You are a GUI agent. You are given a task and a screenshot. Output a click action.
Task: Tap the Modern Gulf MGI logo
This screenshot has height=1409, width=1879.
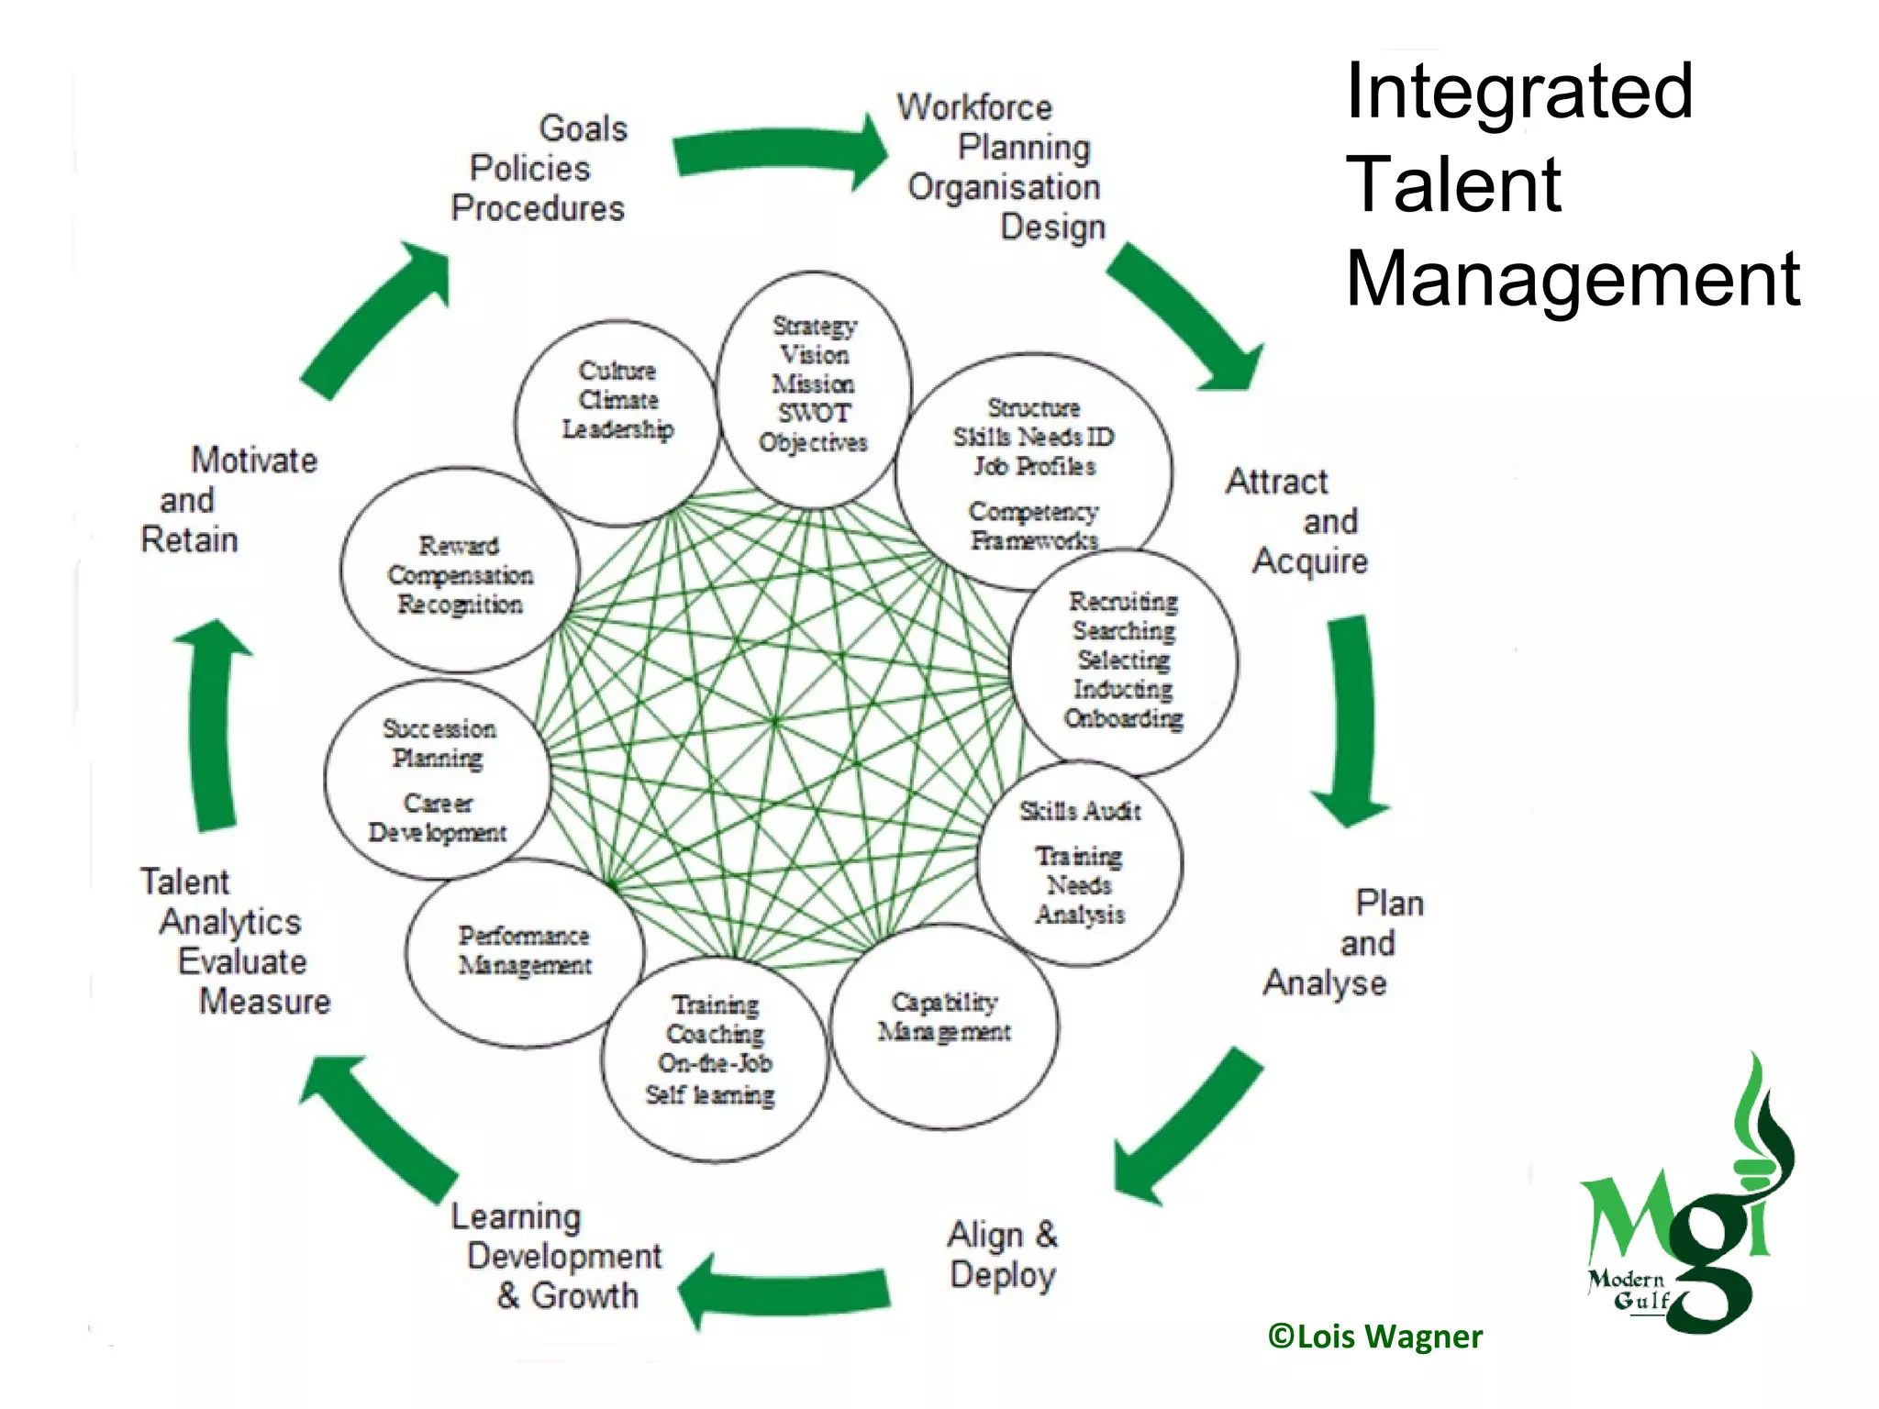point(1685,1211)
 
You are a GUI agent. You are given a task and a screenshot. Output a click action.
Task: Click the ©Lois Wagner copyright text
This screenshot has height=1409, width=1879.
point(1374,1337)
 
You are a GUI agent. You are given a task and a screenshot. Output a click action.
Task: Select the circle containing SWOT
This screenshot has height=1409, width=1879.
point(813,389)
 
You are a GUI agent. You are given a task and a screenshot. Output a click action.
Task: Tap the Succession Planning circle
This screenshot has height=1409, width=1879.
point(438,780)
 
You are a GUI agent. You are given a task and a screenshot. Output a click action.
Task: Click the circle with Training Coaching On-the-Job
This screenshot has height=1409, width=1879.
point(714,1060)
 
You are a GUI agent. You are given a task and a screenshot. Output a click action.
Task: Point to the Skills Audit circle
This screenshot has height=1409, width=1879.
point(1079,862)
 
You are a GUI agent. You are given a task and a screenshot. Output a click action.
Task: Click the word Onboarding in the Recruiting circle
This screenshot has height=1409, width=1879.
point(1123,718)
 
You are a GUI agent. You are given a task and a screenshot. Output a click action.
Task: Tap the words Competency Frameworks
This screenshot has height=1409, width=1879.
point(1033,526)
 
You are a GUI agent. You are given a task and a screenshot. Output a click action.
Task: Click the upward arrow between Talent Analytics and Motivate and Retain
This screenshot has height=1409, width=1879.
point(216,725)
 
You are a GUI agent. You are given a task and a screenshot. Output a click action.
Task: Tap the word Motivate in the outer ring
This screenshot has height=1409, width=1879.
point(253,460)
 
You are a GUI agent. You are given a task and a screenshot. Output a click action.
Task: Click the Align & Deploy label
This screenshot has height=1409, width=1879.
point(1002,1255)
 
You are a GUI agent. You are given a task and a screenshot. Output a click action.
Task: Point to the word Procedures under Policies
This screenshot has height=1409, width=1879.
point(538,208)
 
